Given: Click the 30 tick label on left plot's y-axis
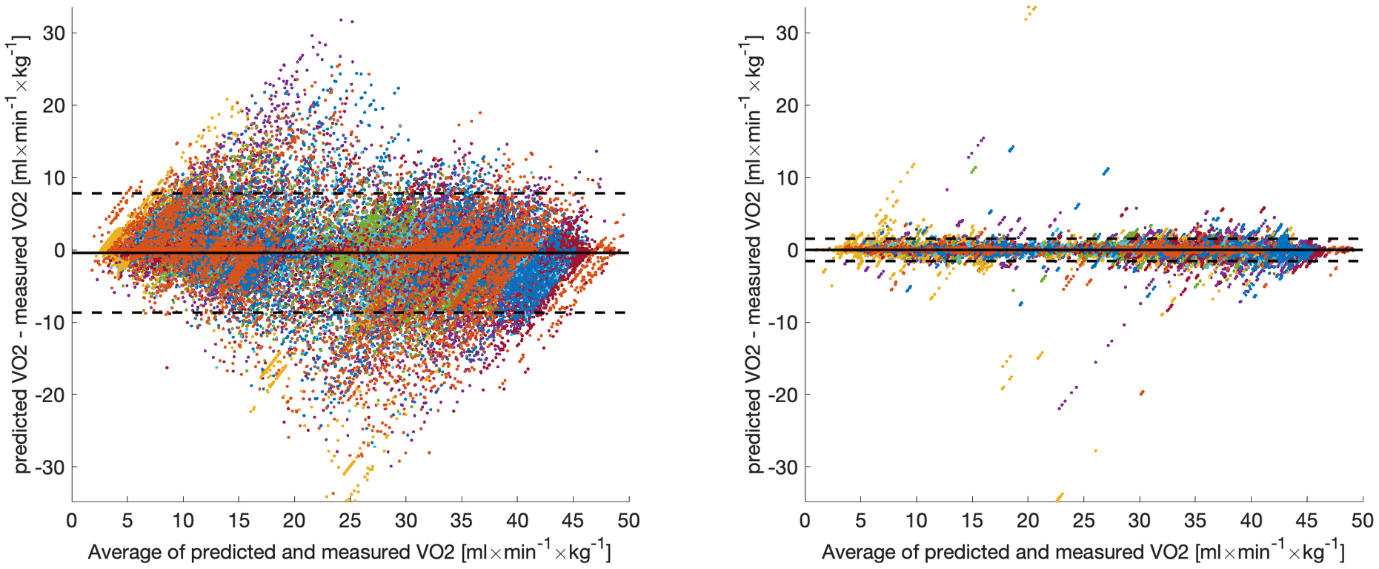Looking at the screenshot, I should click(x=54, y=33).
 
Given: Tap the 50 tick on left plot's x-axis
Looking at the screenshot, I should click(x=629, y=521).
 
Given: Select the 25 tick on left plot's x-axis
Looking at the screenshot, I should click(x=350, y=521).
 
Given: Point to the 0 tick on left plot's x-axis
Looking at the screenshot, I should click(x=72, y=521).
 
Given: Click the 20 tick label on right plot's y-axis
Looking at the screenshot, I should click(x=788, y=105).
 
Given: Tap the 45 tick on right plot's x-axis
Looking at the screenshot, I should click(x=1307, y=521).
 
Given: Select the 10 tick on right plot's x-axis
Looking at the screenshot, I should click(x=917, y=521).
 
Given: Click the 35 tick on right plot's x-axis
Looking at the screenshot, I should click(x=1195, y=521).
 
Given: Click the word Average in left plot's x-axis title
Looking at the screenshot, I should click(x=123, y=553).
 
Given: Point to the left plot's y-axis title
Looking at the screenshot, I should click(x=22, y=252).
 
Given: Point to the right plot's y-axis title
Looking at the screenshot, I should click(x=755, y=252).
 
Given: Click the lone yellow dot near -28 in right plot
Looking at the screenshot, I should click(x=1095, y=450).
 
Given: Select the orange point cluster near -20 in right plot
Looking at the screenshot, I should click(x=1142, y=392).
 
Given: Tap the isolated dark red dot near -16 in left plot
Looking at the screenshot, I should click(x=167, y=367).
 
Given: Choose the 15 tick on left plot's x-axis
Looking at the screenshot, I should click(x=239, y=521).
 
